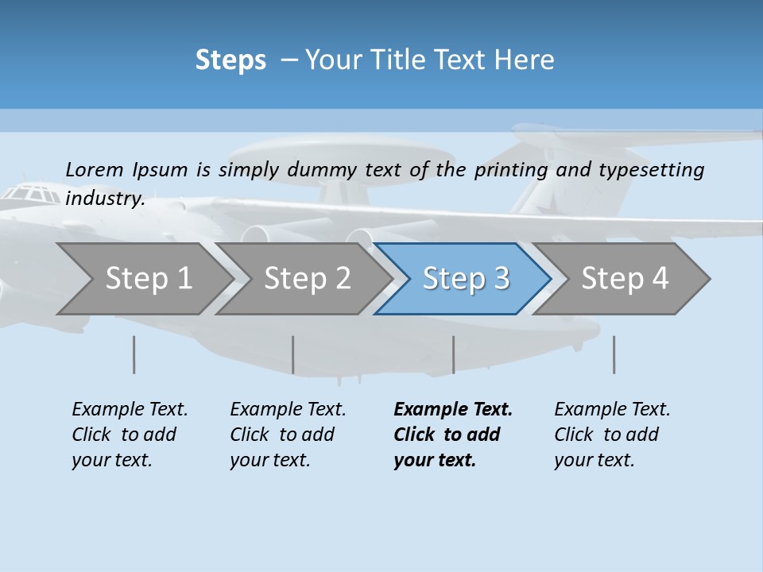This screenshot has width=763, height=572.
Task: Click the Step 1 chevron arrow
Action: [148, 279]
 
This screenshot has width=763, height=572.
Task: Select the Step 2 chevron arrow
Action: [307, 279]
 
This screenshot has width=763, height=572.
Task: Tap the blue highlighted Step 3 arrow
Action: [466, 279]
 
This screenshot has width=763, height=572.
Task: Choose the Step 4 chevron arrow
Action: [625, 279]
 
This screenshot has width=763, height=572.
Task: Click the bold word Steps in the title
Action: [230, 60]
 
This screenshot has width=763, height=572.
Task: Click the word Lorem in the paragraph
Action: [95, 169]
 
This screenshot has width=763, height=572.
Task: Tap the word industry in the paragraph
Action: [105, 198]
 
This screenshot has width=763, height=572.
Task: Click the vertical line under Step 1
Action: [134, 354]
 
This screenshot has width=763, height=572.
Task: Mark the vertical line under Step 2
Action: [293, 354]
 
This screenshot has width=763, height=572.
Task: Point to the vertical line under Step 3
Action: [453, 354]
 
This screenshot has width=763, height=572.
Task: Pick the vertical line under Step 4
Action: [614, 354]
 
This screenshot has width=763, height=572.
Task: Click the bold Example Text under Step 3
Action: [453, 409]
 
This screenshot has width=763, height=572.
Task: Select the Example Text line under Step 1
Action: [130, 409]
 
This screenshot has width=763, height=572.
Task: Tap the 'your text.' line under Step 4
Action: [595, 460]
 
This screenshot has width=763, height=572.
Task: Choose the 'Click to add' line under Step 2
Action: [282, 435]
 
